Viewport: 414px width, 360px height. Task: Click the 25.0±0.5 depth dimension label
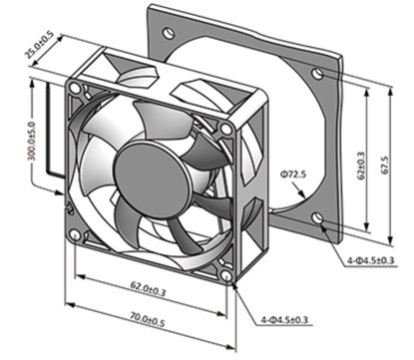coord(39,45)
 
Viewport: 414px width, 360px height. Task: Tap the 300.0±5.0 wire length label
coord(32,141)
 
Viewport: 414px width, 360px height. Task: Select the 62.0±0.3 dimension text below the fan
coord(148,288)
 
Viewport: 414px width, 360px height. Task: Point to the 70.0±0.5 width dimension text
coord(148,319)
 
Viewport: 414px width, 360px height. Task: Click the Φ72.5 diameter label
coord(293,174)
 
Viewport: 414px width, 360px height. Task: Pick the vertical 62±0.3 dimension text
coord(361,166)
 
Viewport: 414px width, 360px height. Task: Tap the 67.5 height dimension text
coord(385,166)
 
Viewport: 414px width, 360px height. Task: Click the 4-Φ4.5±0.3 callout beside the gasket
coord(371,260)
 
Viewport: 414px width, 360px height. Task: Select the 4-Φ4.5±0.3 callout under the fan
coord(284,320)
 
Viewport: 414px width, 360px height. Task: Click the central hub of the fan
coord(152,180)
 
